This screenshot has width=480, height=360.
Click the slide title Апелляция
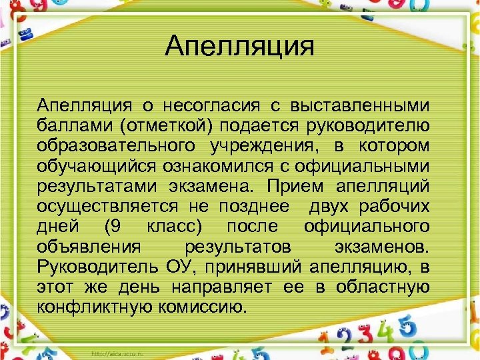[x=239, y=47]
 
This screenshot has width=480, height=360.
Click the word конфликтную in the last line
[x=97, y=306]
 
